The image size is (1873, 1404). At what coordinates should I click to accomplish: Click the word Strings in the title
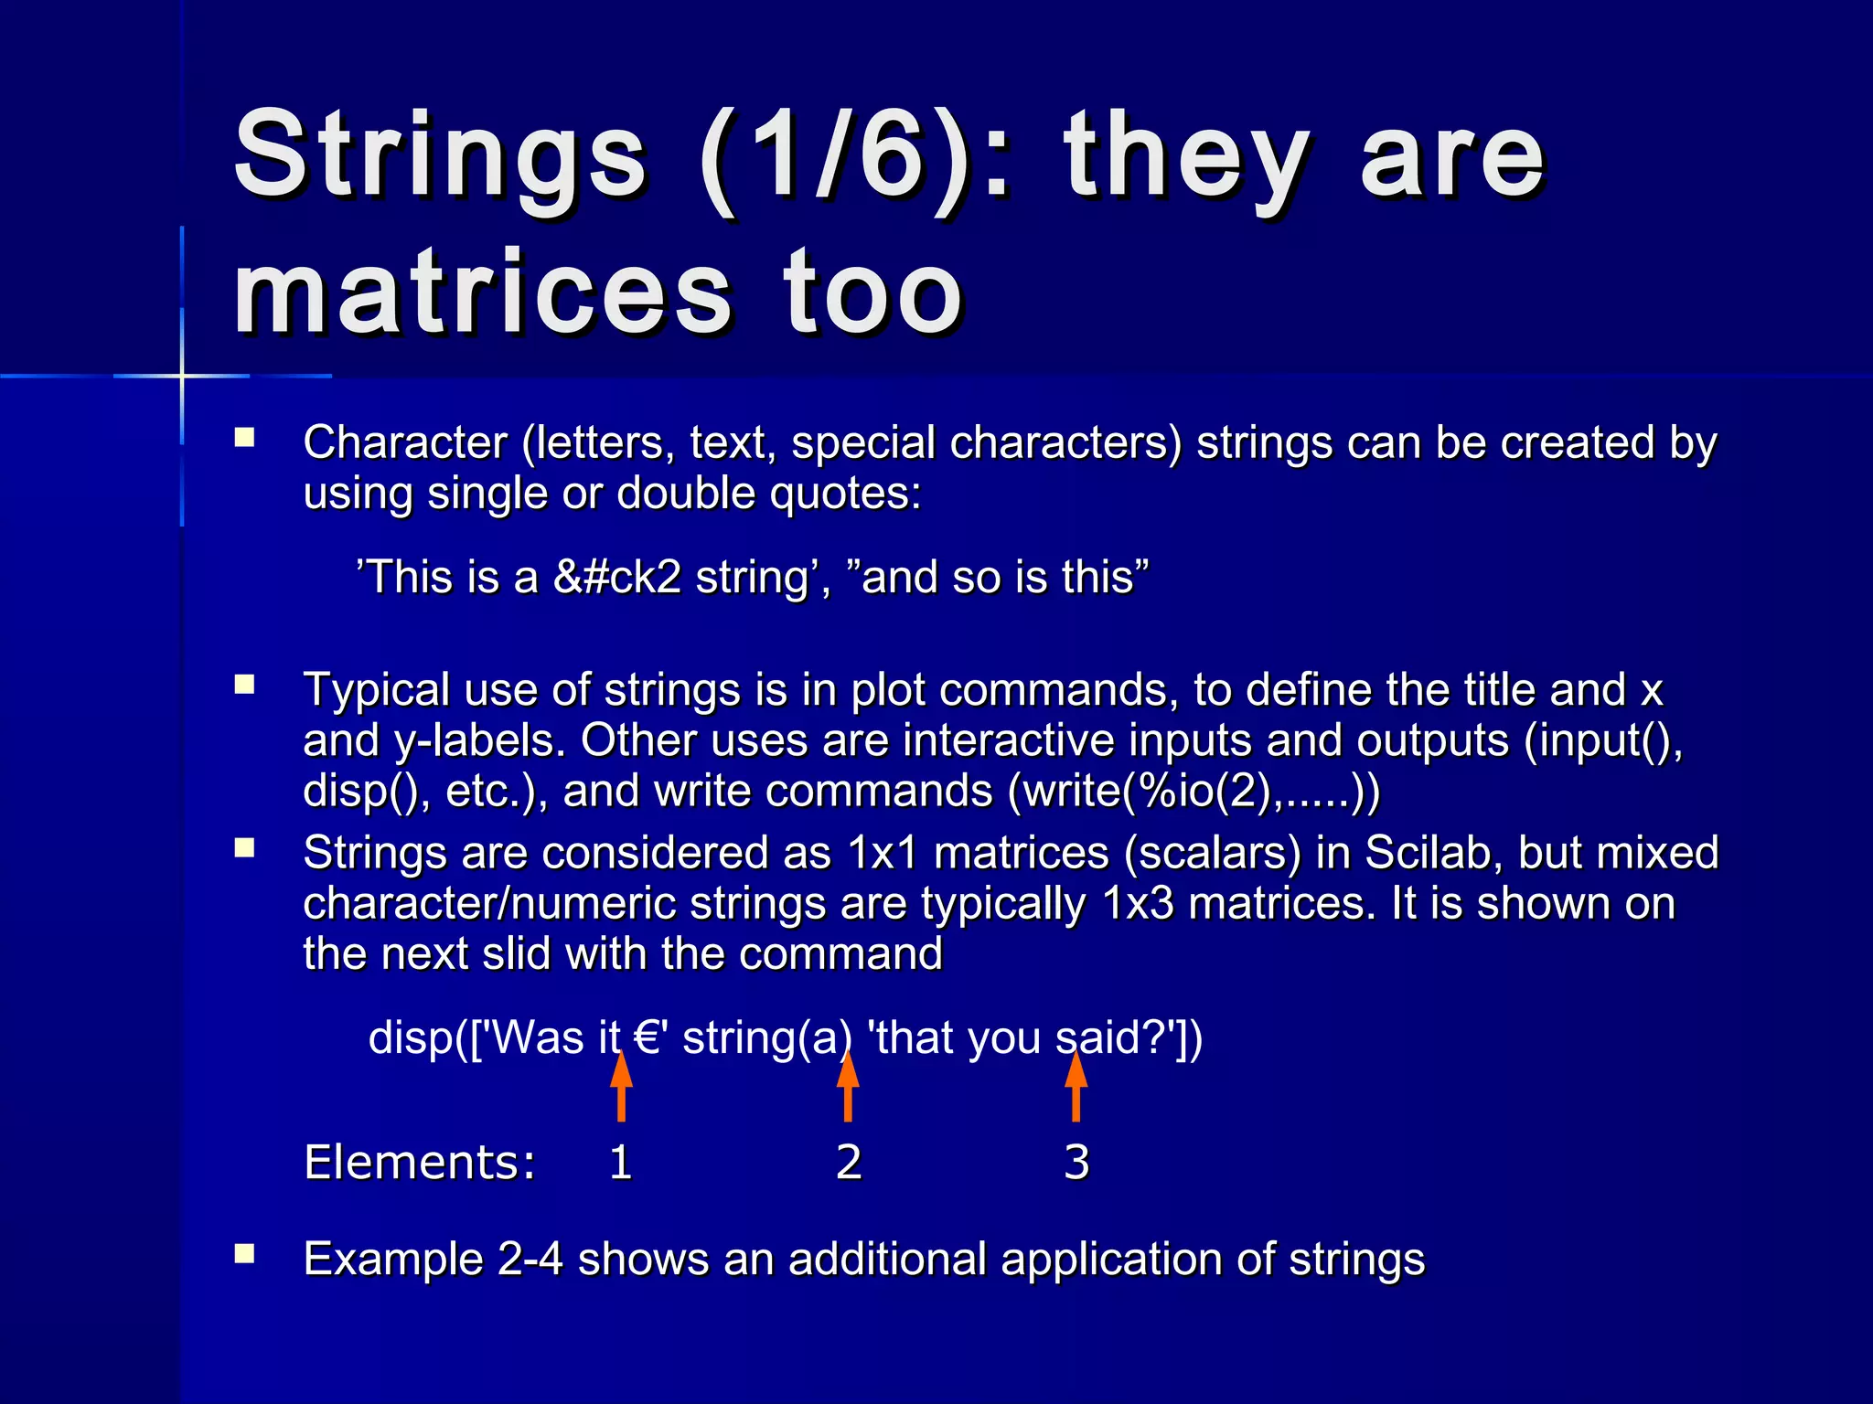(x=440, y=155)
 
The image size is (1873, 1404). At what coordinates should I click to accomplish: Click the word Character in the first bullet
(x=405, y=443)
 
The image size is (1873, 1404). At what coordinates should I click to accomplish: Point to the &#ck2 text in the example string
(x=617, y=578)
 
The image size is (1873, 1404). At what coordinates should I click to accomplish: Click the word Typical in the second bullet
(x=376, y=690)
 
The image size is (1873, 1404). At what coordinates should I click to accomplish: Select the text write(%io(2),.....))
(x=1193, y=792)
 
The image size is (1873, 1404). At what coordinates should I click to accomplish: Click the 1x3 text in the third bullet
(x=1138, y=904)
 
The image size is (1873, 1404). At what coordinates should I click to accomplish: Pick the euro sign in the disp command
(x=648, y=1038)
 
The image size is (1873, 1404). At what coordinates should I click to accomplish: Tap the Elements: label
(x=420, y=1163)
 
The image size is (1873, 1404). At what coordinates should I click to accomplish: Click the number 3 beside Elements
(x=1076, y=1163)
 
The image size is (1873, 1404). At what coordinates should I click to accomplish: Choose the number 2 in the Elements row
(x=849, y=1163)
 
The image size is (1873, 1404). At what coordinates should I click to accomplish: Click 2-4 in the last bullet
(x=530, y=1260)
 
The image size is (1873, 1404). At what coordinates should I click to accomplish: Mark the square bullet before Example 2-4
(x=244, y=1253)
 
